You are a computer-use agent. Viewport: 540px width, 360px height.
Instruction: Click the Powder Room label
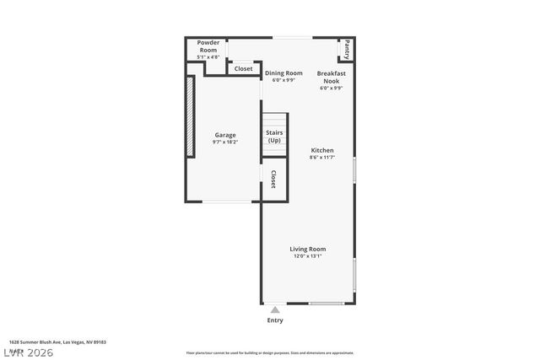click(208, 46)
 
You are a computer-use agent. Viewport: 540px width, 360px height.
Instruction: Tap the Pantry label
click(347, 50)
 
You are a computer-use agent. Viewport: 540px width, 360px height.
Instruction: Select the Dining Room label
click(283, 73)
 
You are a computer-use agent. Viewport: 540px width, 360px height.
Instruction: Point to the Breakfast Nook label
click(332, 77)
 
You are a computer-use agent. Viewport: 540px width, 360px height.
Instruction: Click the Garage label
click(225, 135)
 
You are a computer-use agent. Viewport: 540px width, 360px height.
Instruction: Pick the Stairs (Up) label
click(274, 137)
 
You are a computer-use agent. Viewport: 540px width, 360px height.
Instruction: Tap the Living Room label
click(308, 249)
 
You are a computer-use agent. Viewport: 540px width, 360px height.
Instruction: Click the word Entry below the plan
click(275, 320)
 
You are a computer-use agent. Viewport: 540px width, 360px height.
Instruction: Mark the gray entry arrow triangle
click(275, 310)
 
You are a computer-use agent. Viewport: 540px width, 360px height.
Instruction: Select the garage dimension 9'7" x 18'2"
click(225, 142)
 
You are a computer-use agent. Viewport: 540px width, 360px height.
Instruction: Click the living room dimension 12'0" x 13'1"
click(308, 256)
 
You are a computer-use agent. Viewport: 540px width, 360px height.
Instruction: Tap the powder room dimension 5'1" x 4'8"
click(208, 56)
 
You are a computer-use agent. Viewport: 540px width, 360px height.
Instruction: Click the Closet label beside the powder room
click(243, 68)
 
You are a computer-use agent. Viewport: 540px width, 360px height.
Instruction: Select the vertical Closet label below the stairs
click(273, 179)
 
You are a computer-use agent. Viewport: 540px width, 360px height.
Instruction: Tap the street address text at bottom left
click(57, 342)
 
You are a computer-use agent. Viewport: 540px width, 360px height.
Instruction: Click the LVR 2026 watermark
click(28, 352)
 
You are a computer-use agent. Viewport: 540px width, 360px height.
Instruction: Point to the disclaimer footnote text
click(270, 353)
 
